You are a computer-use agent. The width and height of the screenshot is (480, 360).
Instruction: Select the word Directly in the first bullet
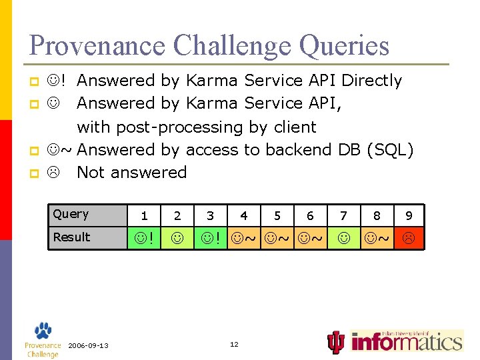tap(371, 81)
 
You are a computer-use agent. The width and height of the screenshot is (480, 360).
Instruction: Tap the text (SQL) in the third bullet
tap(390, 149)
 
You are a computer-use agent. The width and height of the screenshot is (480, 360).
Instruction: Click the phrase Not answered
tap(131, 172)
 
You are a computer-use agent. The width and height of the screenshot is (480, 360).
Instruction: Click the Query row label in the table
tap(71, 214)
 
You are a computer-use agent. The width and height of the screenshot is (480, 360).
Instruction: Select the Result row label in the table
tap(71, 237)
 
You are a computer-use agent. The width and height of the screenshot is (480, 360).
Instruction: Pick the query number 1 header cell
tap(144, 215)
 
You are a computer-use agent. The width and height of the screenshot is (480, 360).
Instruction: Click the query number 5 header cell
tap(277, 215)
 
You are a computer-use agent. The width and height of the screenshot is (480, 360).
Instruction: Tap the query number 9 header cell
tap(409, 215)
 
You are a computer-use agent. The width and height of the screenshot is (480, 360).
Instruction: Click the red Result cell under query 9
tap(409, 237)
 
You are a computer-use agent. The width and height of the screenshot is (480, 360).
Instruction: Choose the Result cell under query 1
tap(144, 237)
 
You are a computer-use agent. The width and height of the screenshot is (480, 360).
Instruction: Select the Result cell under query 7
tap(343, 237)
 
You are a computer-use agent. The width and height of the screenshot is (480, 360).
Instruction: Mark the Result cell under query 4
tap(244, 237)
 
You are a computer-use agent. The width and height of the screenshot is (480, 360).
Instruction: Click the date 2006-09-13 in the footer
tap(88, 345)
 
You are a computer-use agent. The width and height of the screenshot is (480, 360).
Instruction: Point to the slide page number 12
tap(234, 344)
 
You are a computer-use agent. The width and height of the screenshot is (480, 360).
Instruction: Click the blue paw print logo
tap(43, 331)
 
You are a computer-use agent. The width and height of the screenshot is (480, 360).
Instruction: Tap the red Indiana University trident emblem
tap(337, 342)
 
